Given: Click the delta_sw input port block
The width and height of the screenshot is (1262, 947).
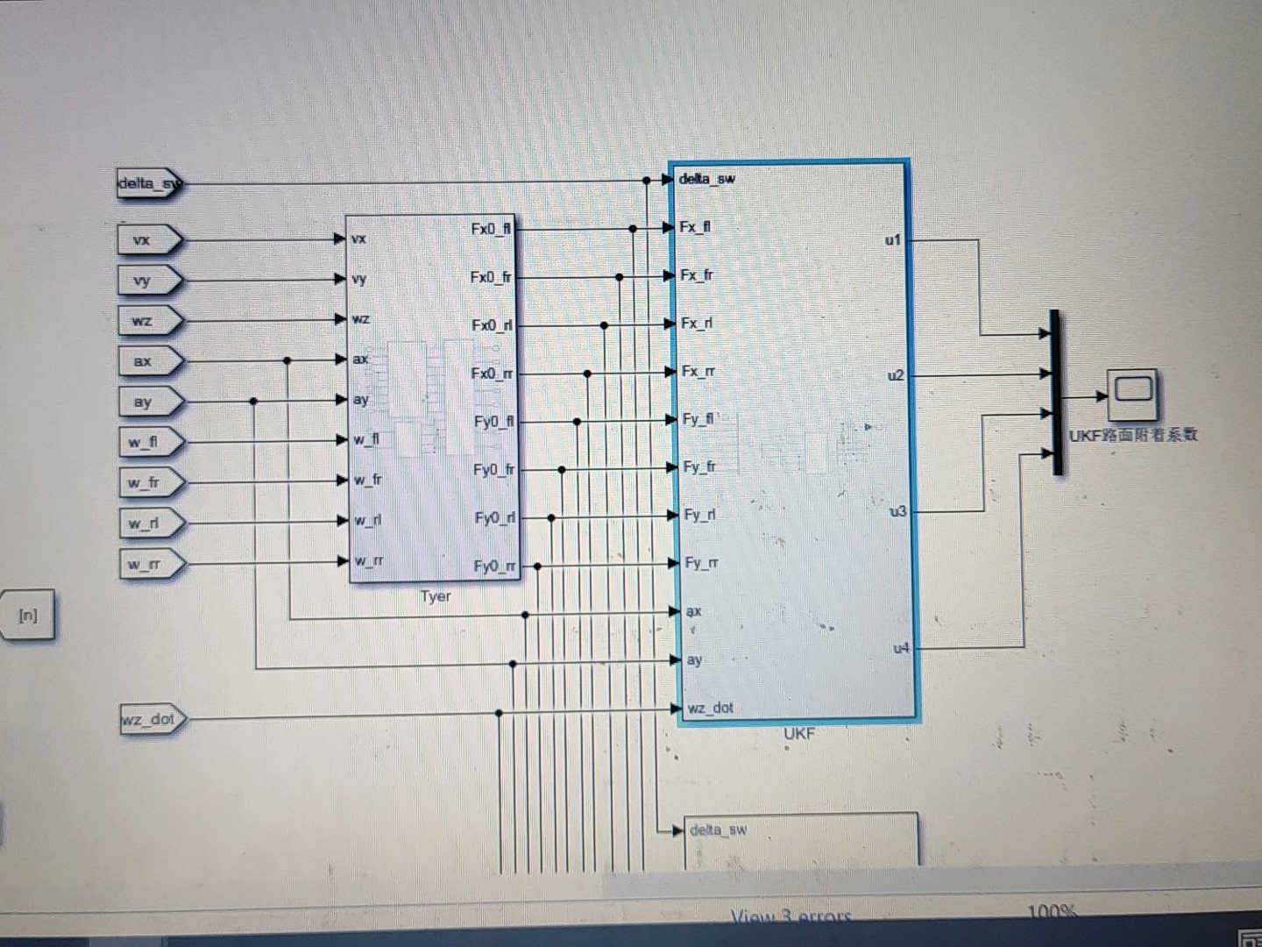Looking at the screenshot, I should point(148,184).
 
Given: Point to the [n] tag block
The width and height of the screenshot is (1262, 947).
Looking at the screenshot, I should point(28,616).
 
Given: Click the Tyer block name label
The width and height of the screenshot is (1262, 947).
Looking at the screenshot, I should point(436,596).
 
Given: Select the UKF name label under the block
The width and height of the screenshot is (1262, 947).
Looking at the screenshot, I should point(799,733).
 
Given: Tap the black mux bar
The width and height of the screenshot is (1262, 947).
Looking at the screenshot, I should point(1056,392).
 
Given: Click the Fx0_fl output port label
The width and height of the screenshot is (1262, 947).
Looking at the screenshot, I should point(491,229).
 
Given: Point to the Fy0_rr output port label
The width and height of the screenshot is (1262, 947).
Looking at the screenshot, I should point(494,566).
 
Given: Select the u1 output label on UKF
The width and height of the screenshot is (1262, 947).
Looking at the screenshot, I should point(893,239).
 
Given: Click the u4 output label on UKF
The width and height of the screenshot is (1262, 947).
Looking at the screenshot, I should point(901,648).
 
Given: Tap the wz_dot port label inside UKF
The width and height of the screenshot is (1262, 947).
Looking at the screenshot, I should point(710,708).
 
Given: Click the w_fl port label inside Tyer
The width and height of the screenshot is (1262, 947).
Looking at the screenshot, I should point(366,438).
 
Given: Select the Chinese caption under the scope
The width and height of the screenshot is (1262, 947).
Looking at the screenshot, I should point(1132,435).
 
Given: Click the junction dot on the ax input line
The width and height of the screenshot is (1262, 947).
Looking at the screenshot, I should point(287,360).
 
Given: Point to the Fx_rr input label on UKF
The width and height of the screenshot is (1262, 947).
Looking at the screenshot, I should point(698,371).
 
